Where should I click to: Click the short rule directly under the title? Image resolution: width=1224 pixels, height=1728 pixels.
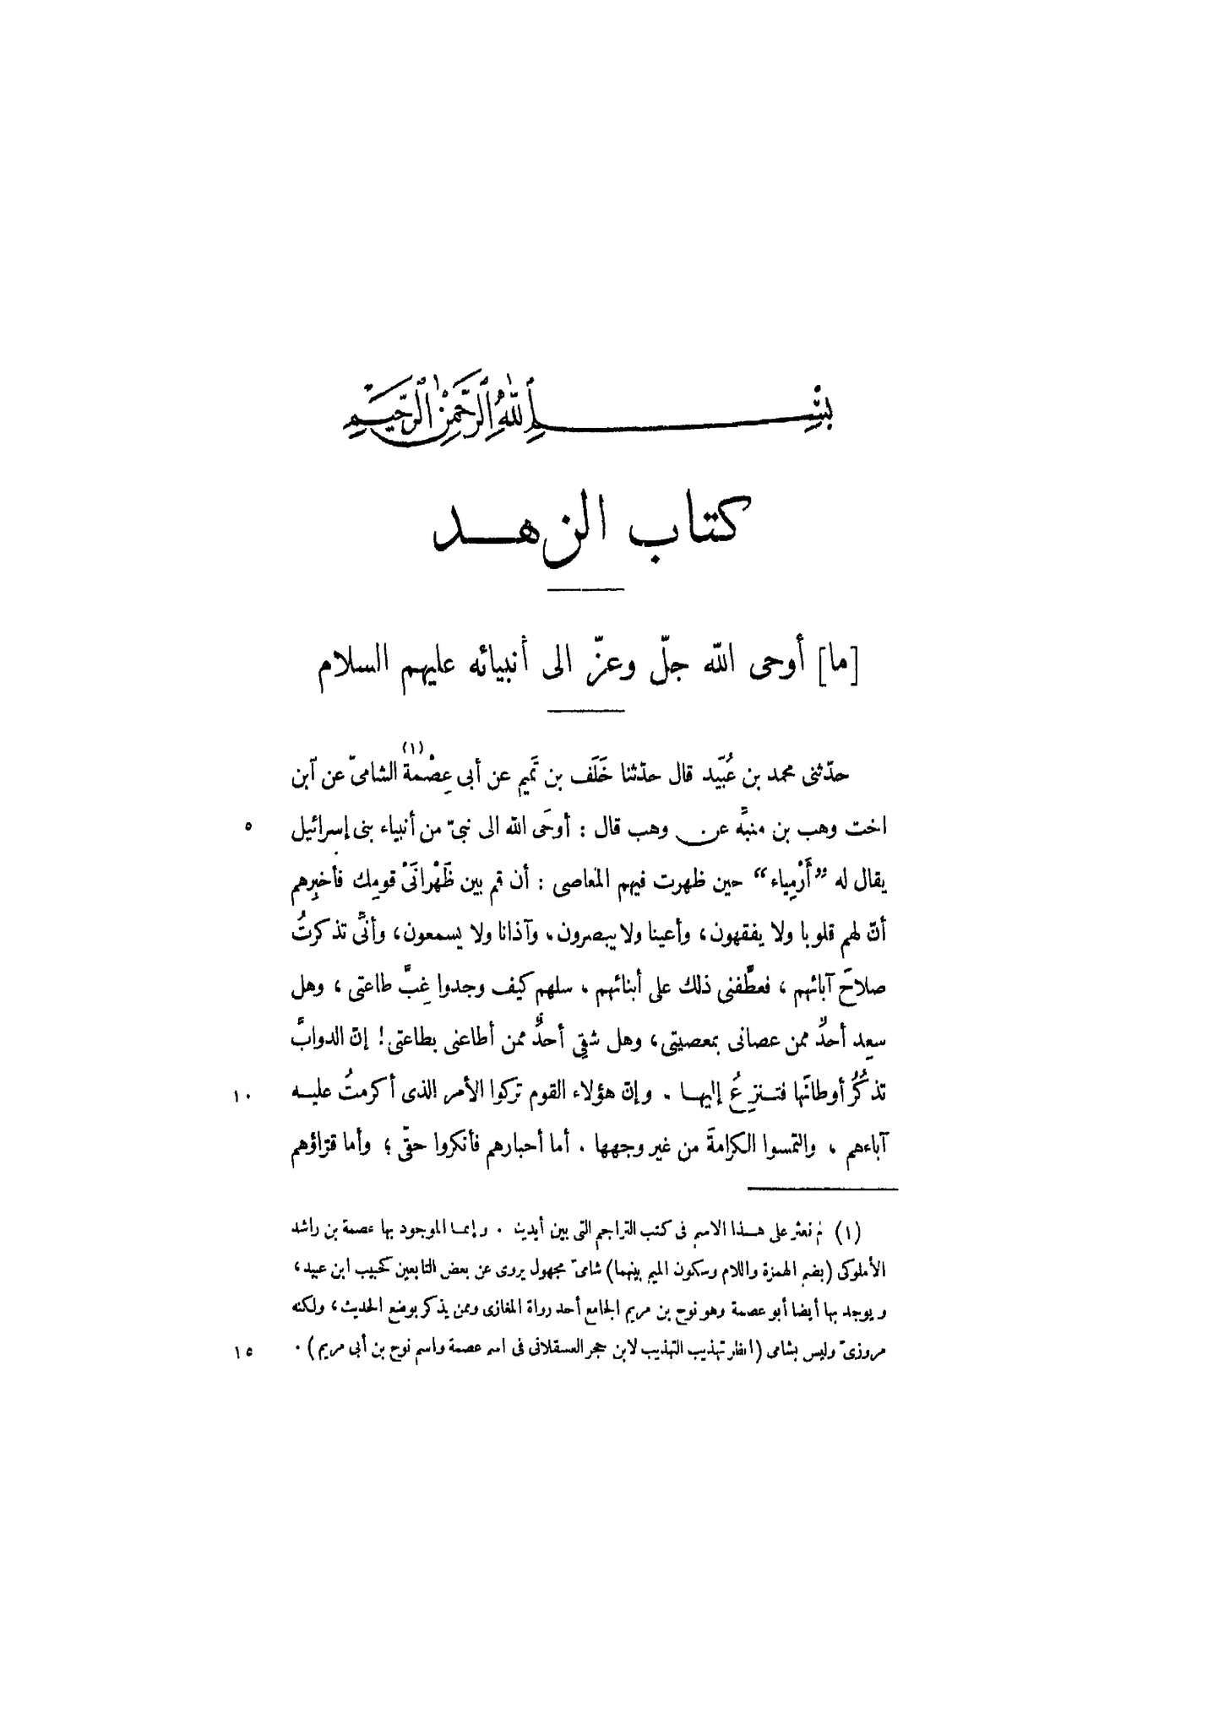click(x=585, y=588)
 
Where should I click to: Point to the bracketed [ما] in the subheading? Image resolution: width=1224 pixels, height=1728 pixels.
click(x=841, y=674)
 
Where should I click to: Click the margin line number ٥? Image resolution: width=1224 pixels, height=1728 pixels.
click(x=248, y=829)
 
